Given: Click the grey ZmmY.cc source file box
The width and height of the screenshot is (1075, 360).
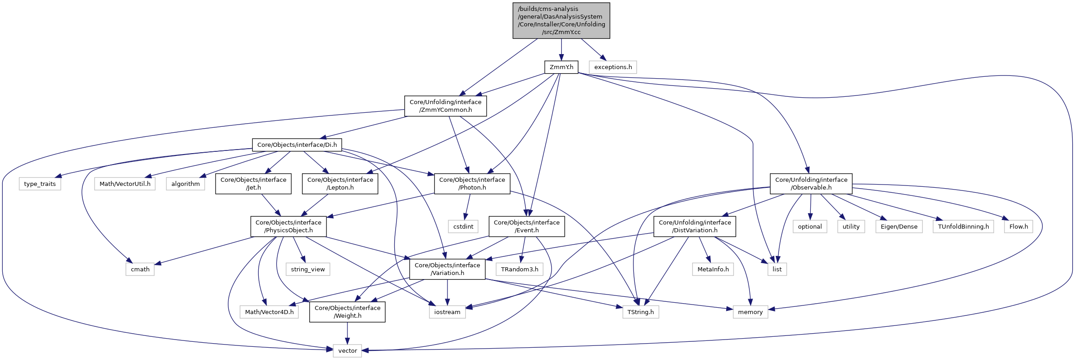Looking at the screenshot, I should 561,20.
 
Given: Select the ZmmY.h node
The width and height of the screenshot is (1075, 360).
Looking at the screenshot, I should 561,67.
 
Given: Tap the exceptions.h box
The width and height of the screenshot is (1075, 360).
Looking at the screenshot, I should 613,67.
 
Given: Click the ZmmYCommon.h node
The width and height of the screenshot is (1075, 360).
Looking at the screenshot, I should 445,106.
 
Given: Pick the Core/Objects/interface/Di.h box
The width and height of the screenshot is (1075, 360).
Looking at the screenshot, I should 297,145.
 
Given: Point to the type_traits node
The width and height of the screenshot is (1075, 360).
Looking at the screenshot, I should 40,184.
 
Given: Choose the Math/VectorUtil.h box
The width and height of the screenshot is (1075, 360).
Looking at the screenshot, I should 125,184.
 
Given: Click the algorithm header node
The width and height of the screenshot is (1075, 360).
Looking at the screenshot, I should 186,184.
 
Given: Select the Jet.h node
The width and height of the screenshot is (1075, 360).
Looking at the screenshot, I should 253,184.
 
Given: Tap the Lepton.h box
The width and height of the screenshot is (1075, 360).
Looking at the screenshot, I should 340,184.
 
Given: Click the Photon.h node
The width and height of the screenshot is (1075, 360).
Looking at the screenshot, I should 472,184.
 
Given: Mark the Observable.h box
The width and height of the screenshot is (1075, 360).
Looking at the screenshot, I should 811,184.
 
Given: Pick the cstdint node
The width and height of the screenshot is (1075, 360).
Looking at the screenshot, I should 463,227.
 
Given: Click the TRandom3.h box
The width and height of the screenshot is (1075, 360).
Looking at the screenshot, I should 519,270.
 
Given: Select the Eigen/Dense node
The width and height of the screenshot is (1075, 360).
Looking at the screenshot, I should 899,227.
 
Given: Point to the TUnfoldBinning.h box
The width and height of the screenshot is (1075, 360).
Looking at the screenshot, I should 963,227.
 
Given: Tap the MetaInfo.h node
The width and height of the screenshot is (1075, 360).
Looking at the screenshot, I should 713,270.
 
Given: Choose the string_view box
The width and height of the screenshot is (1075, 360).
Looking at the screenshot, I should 308,270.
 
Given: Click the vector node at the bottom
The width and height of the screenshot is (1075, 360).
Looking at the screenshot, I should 347,351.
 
